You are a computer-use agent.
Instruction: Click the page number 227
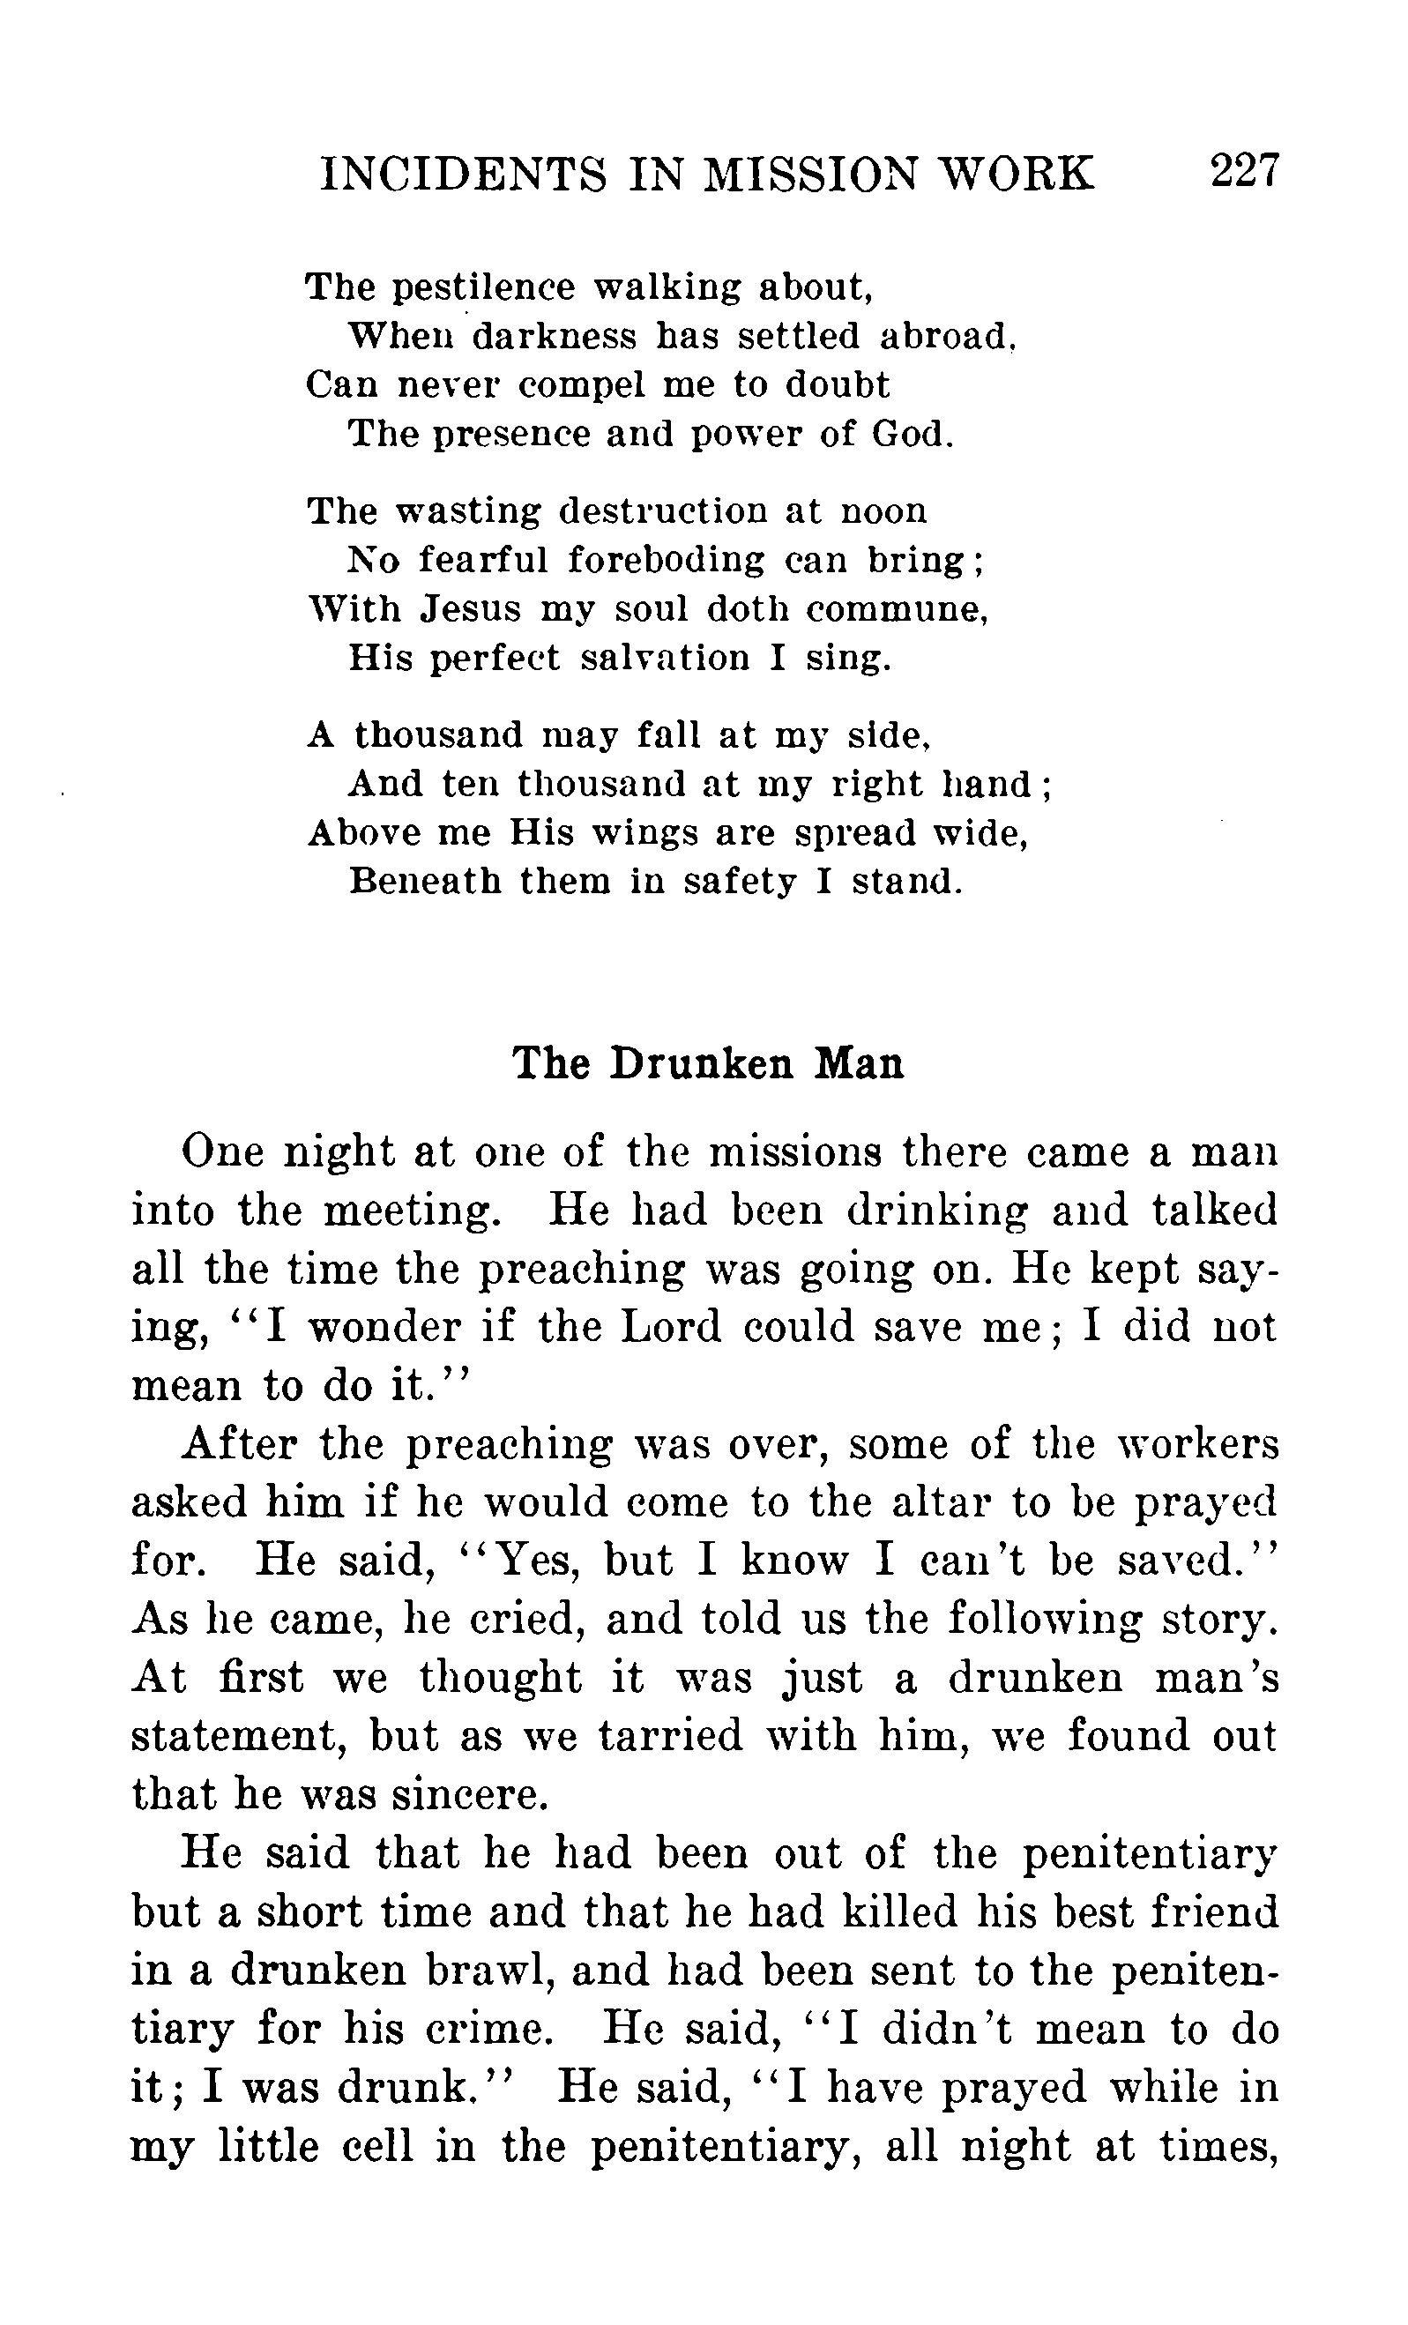point(1244,171)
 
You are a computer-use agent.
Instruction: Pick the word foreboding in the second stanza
point(667,562)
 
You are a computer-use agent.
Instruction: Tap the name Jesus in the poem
point(469,608)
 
